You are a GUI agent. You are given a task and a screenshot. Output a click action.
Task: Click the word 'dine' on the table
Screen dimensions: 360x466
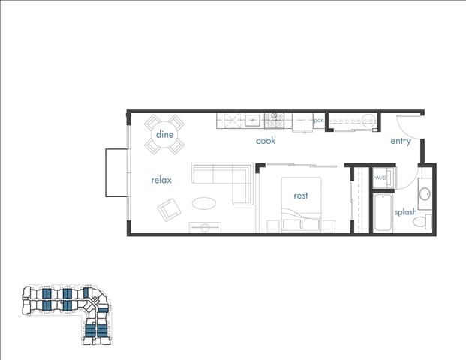tap(164, 134)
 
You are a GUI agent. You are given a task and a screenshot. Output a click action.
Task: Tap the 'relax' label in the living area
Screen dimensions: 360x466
tap(161, 180)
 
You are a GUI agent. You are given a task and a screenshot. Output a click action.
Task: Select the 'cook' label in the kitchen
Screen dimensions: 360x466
tap(266, 140)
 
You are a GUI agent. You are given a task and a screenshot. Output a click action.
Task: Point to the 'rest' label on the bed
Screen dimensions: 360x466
tap(301, 196)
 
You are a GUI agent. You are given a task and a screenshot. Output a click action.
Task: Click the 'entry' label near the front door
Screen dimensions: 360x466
tap(401, 141)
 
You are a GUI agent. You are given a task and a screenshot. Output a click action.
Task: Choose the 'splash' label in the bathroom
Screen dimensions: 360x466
tap(405, 212)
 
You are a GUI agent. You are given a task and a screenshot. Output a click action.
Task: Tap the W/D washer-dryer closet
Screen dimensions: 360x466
tap(381, 178)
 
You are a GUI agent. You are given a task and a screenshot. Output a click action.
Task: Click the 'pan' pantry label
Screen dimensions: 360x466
tap(319, 120)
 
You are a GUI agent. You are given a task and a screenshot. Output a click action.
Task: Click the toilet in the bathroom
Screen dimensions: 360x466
tap(428, 221)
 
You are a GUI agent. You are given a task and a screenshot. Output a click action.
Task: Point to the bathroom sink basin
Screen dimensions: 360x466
tap(424, 194)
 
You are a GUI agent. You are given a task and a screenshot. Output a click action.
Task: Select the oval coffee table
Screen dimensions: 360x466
tap(205, 203)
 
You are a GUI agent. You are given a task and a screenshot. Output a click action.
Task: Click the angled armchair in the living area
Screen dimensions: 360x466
tap(169, 210)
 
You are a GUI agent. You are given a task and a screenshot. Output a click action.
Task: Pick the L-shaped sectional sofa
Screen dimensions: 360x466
tap(223, 180)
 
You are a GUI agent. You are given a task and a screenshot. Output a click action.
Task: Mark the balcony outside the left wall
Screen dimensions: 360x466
tap(116, 172)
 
